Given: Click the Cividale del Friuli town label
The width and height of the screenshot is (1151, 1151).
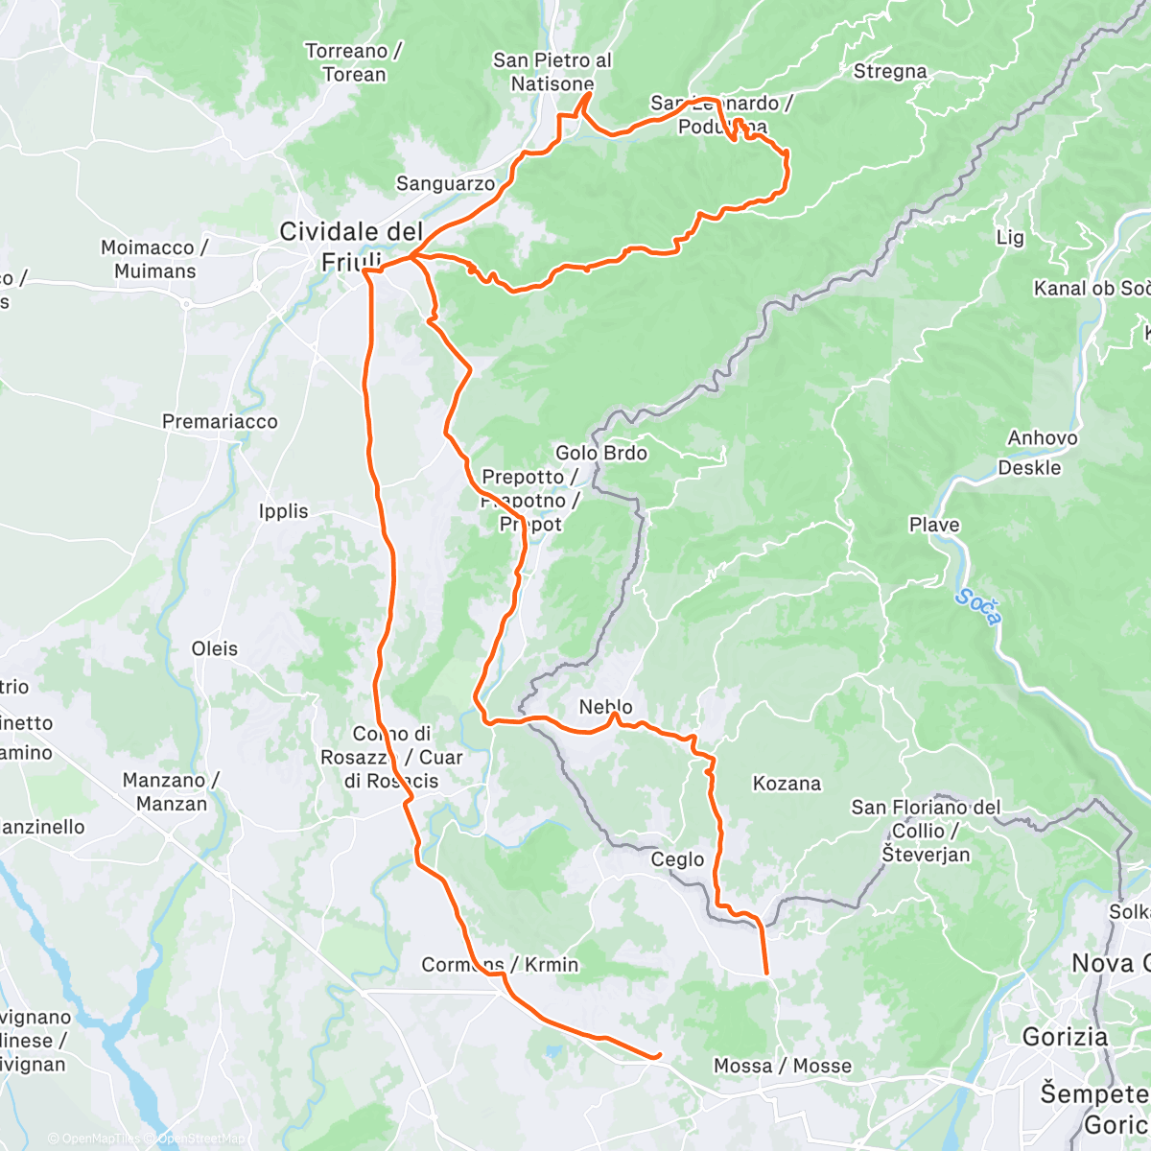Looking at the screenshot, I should [x=351, y=246].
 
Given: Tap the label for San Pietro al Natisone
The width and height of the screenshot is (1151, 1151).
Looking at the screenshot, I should [x=552, y=72].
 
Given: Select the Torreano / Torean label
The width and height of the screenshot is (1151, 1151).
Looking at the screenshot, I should [x=353, y=62].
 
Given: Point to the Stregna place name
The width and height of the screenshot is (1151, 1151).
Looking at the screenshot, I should [x=890, y=71].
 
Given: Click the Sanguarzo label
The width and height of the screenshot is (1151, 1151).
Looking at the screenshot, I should [x=445, y=183].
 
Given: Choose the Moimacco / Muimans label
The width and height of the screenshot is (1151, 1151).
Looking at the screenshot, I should [x=154, y=259].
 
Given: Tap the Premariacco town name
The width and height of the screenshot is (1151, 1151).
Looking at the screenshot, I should [x=220, y=421].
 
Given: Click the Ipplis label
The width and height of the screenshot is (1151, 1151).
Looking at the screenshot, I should [x=283, y=511].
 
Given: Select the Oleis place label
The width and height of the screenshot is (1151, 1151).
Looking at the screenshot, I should [x=214, y=648].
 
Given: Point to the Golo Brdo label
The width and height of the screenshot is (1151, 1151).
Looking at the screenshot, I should [x=601, y=453].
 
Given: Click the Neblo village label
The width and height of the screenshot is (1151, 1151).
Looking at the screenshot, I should [x=606, y=707].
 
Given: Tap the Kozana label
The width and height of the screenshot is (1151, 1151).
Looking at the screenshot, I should [x=787, y=784].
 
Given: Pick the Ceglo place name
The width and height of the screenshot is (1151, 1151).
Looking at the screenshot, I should [x=677, y=859].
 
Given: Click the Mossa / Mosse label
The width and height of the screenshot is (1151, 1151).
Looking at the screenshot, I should [x=782, y=1066].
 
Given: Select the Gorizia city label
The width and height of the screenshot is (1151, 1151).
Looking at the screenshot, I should [x=1065, y=1036].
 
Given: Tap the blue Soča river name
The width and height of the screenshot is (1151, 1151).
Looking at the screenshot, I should [x=977, y=608].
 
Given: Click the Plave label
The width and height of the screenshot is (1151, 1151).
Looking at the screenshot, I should [x=933, y=525].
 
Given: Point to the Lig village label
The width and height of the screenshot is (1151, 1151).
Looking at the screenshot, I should [x=1010, y=237].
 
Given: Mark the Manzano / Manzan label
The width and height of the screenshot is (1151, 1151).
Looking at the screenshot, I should [x=171, y=792].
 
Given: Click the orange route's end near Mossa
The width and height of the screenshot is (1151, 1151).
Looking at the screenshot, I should [x=658, y=1056].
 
